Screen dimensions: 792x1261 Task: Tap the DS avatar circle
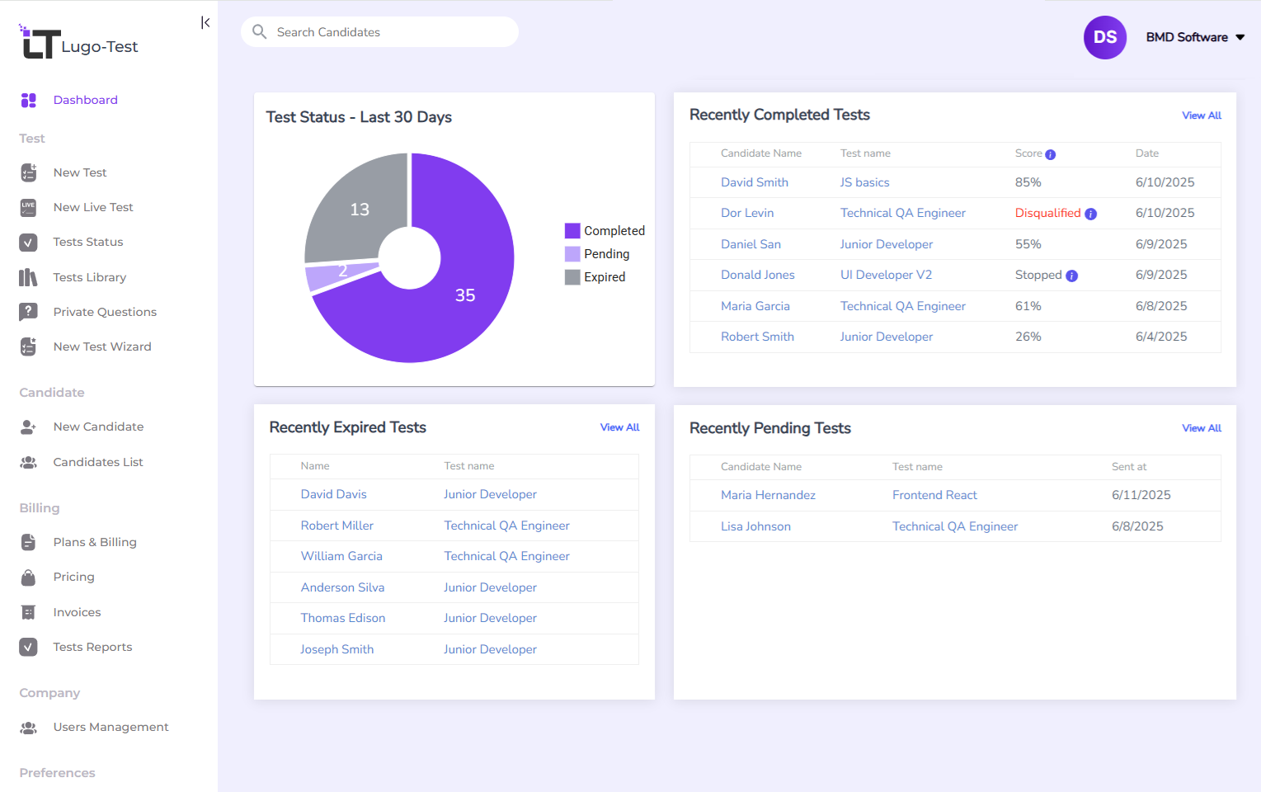tap(1104, 37)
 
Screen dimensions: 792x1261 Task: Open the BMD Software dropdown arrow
tap(1240, 37)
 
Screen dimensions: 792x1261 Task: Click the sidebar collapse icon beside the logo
tap(205, 22)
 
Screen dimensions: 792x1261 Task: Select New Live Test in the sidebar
tap(92, 207)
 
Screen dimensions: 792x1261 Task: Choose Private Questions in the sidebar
tap(105, 312)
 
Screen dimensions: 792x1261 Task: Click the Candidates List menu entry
tap(97, 462)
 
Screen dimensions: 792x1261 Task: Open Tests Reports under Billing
tap(92, 647)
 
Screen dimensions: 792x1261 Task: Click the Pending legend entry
tap(605, 254)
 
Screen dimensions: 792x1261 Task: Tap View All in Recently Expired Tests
tap(619, 427)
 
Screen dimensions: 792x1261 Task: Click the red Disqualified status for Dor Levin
tap(1047, 213)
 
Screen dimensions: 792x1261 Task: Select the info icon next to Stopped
tap(1071, 276)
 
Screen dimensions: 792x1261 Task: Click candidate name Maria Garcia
tap(755, 306)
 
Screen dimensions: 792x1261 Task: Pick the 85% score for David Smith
tap(1028, 182)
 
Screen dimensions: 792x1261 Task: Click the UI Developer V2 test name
tap(886, 275)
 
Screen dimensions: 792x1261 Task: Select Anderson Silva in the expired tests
tap(342, 587)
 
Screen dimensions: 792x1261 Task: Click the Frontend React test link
tap(934, 495)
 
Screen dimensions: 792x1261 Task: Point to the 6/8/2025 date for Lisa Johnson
tap(1137, 526)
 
